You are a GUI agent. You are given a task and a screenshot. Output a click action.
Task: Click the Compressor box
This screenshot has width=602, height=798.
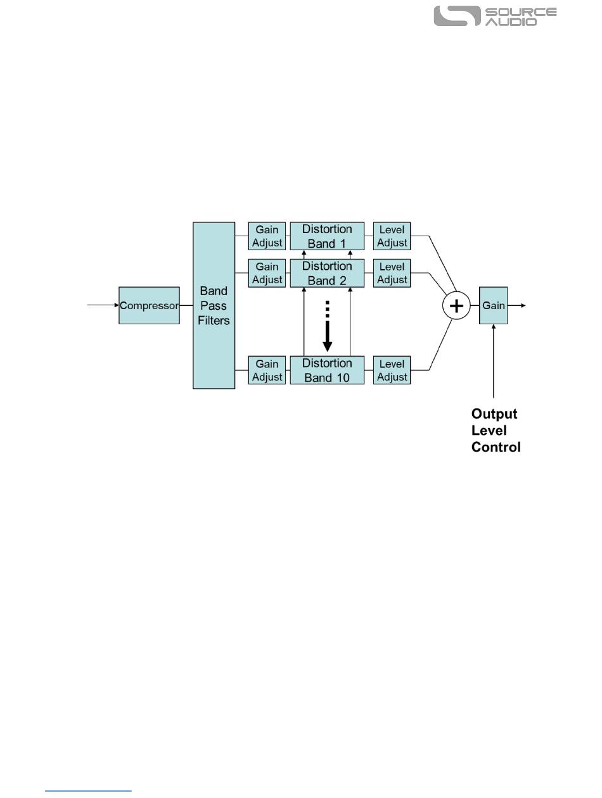[149, 305]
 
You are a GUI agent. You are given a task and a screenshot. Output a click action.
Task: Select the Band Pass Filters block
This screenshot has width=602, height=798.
[214, 305]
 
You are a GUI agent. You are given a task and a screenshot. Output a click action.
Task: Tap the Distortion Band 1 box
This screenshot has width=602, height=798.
[327, 236]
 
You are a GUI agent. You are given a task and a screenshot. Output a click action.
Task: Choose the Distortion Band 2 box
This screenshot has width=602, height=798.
[327, 273]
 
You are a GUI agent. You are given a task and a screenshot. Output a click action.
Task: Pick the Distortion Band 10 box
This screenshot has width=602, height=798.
[327, 370]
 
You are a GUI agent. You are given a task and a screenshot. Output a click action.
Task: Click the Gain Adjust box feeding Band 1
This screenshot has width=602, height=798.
[267, 236]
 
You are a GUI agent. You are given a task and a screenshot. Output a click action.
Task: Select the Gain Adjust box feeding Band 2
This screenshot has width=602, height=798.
[267, 273]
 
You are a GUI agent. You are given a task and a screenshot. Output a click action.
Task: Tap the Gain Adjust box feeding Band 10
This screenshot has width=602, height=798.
[267, 370]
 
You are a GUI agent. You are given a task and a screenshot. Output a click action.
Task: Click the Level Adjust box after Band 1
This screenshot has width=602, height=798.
[392, 236]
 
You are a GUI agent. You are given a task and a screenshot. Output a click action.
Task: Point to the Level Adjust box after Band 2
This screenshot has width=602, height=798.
[392, 273]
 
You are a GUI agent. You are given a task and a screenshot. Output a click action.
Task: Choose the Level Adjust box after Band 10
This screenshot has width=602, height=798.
[392, 370]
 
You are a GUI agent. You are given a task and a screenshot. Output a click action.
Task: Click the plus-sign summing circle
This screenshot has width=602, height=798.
[456, 306]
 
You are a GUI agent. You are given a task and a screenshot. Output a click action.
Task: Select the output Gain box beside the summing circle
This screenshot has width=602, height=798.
[494, 305]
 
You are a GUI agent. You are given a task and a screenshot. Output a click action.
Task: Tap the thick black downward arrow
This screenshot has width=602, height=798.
[327, 329]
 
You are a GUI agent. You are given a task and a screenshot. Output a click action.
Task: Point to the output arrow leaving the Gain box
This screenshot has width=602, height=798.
[516, 305]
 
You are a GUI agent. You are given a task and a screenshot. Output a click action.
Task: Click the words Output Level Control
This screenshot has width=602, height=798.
[496, 431]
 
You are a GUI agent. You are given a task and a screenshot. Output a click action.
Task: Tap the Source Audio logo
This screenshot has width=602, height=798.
[495, 16]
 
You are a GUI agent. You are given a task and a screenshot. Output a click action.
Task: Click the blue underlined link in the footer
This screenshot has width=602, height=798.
[89, 790]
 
